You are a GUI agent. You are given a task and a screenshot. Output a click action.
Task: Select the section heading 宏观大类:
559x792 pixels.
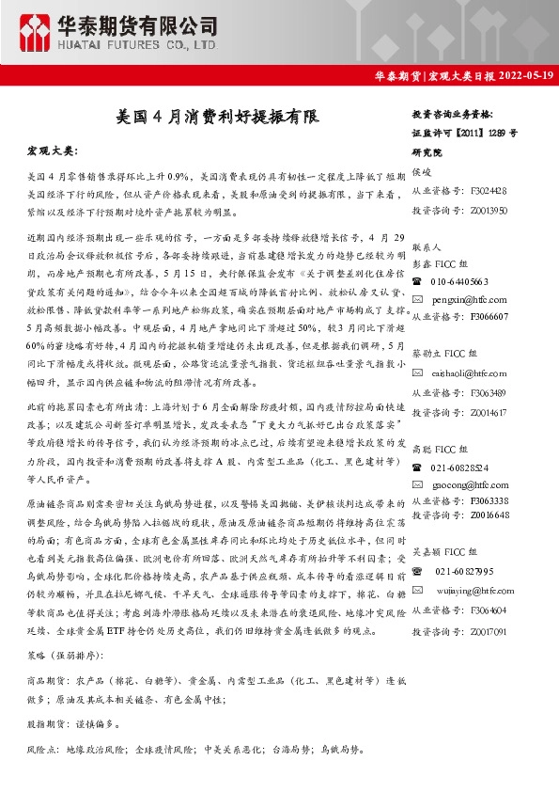(53, 150)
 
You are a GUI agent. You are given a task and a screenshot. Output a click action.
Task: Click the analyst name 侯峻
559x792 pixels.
(422, 172)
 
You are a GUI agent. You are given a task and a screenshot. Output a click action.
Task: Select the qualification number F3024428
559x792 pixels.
(488, 191)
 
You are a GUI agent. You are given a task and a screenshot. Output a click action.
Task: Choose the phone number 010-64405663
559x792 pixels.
(461, 281)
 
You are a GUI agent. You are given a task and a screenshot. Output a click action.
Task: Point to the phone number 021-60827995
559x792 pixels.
(467, 571)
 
